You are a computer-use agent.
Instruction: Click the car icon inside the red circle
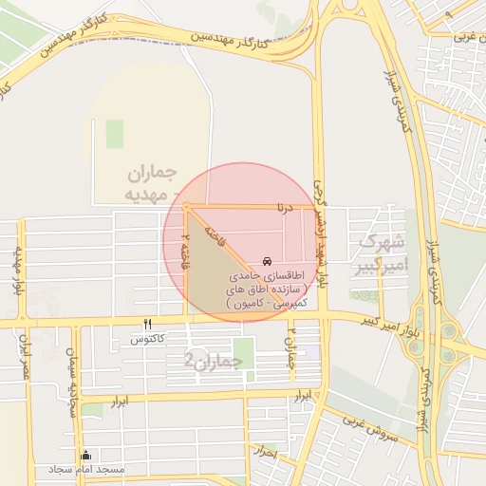(267, 259)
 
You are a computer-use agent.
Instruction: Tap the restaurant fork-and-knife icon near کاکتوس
(147, 324)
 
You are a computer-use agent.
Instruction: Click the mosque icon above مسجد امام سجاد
(87, 455)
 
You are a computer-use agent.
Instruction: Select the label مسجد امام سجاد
(88, 470)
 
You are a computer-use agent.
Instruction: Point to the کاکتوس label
(148, 339)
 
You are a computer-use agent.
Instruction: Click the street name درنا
(286, 205)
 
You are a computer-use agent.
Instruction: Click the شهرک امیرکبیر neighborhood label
(378, 255)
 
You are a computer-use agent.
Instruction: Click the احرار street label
(266, 453)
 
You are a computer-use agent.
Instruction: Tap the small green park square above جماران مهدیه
(115, 134)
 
